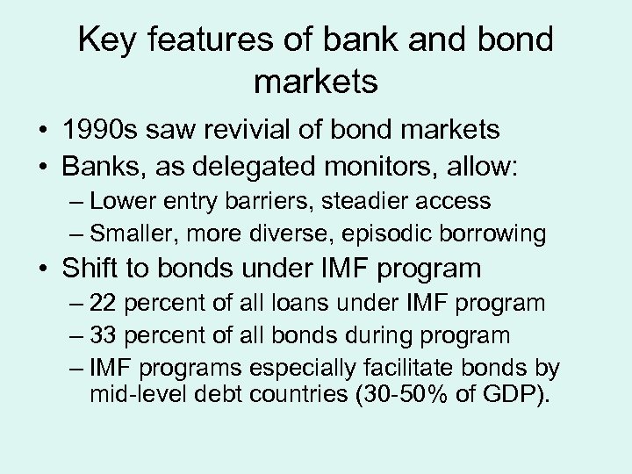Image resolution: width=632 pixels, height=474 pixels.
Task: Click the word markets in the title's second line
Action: (315, 83)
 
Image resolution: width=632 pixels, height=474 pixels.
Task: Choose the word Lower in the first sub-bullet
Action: (123, 202)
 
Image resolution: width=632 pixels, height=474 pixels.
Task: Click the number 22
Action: (103, 304)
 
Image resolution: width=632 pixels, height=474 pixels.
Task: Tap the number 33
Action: (103, 334)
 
